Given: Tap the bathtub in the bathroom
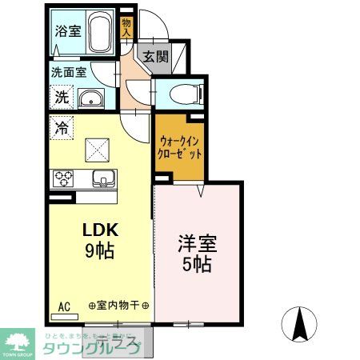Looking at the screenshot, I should point(99,34).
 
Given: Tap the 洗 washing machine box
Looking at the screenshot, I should point(62,98).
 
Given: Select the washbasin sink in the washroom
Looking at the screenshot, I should point(93,98).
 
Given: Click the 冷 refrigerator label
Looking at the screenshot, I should point(62,126).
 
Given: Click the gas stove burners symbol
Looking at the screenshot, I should point(63,178).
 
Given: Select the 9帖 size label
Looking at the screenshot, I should point(100,250).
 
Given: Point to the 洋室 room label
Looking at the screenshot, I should point(198,242).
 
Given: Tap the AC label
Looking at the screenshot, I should point(63,305).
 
